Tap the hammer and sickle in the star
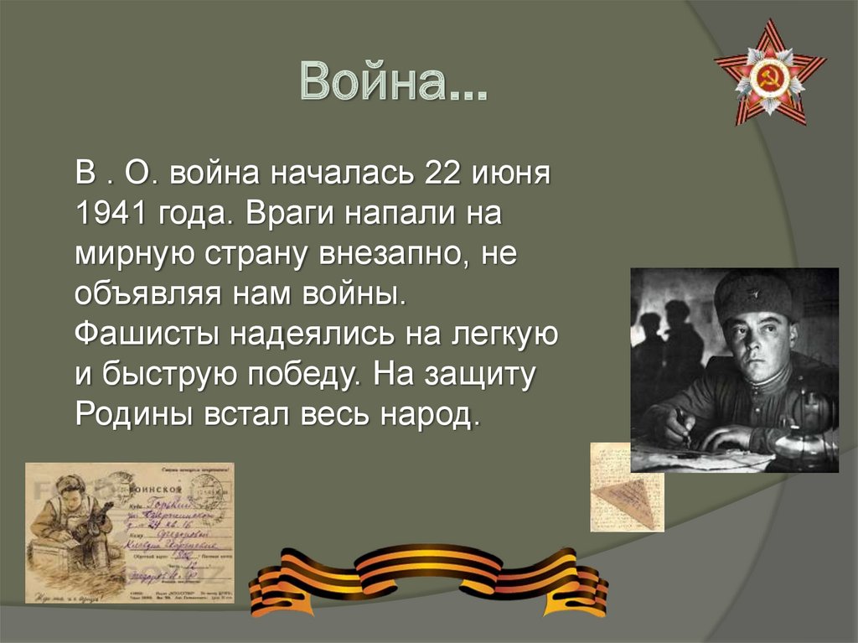(x=769, y=76)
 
